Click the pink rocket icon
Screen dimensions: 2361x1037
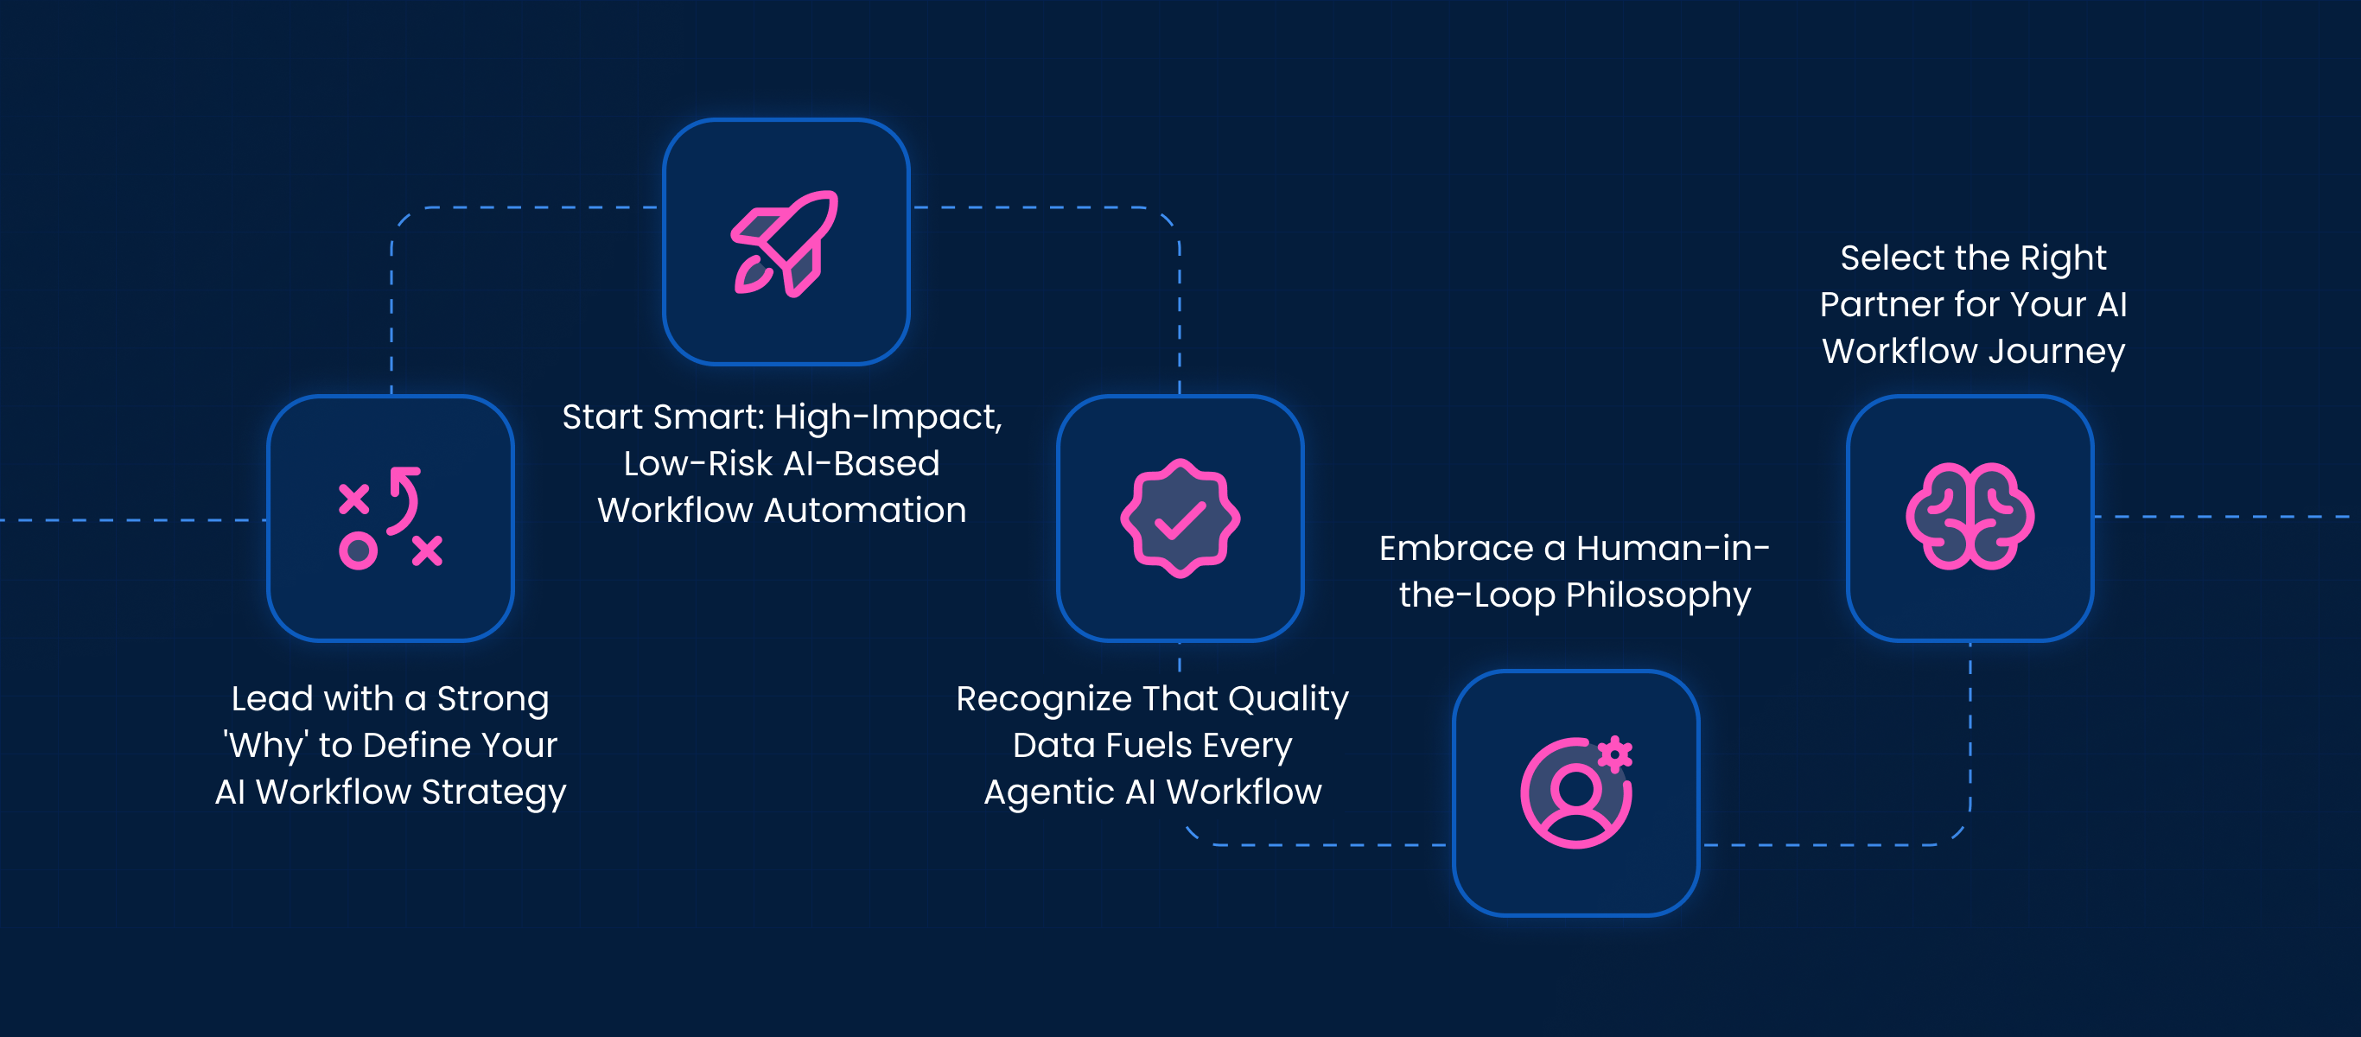(x=785, y=243)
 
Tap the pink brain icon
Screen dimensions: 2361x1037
(x=1970, y=516)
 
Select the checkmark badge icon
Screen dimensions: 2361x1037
(x=1180, y=518)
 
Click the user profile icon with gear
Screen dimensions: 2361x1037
(x=1576, y=792)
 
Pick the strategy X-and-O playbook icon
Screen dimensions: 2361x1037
(x=391, y=518)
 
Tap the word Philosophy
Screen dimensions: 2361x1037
(x=1658, y=596)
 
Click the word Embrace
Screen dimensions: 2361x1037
(x=1456, y=548)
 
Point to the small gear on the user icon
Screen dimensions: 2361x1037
(x=1615, y=754)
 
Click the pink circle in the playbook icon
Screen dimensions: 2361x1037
(x=358, y=551)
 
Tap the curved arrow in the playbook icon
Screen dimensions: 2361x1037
(x=404, y=499)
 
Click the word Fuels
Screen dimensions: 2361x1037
(x=1151, y=747)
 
